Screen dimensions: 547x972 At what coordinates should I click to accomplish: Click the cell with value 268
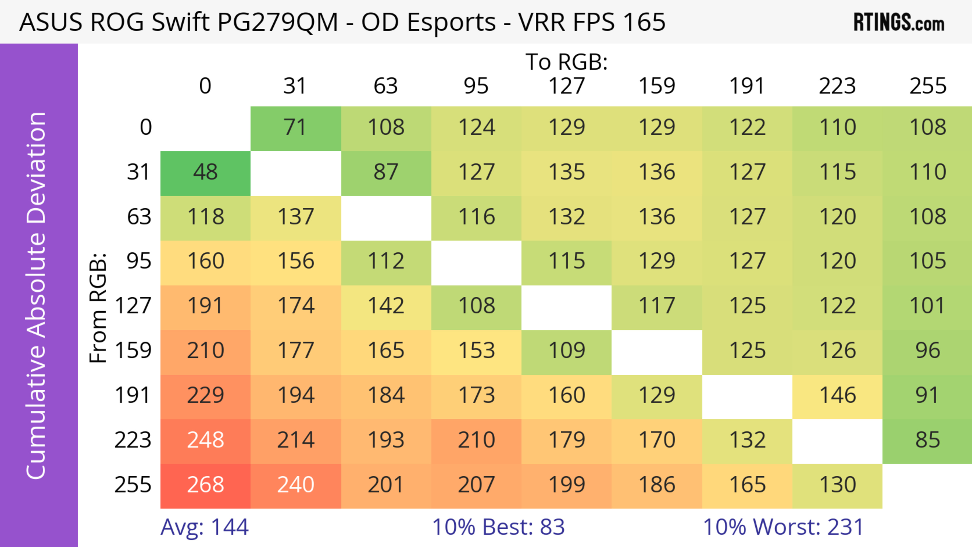pos(205,485)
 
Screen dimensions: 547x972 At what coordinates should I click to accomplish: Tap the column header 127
pos(566,86)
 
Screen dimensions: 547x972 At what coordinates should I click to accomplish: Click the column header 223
pos(837,86)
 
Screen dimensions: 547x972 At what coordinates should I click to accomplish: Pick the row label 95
pos(139,261)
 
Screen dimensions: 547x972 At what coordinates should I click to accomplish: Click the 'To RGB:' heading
pos(566,62)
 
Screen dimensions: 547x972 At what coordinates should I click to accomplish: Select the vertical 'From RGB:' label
pos(98,308)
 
